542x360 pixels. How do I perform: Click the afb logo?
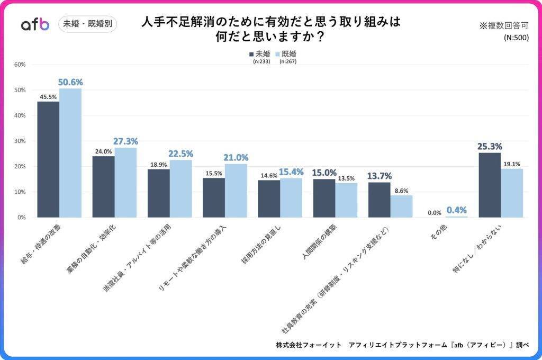click(x=35, y=24)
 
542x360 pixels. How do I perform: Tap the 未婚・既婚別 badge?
click(x=87, y=24)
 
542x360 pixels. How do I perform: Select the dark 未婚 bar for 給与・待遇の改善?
click(x=48, y=159)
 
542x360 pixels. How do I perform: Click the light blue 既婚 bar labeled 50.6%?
click(x=70, y=153)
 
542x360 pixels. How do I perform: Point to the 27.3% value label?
click(x=125, y=141)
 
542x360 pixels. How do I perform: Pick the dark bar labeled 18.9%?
click(x=158, y=193)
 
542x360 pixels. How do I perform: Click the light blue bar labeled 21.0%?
click(x=236, y=191)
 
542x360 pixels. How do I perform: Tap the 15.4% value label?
click(x=291, y=172)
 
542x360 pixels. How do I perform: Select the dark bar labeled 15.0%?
click(x=324, y=198)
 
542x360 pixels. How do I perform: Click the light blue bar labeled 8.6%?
click(x=401, y=206)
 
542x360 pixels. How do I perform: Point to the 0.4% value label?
click(x=456, y=210)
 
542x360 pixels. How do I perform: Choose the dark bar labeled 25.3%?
click(x=490, y=185)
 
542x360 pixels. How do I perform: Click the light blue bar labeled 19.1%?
click(x=512, y=193)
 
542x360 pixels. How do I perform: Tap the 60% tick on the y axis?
click(x=20, y=65)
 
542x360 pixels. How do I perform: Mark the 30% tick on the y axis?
click(x=20, y=141)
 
